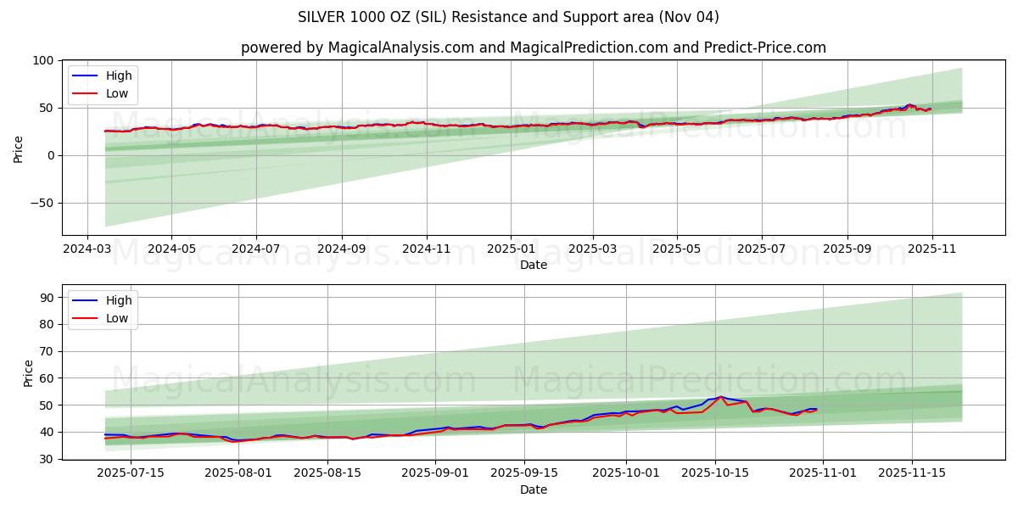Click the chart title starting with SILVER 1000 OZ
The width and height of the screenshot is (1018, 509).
point(508,17)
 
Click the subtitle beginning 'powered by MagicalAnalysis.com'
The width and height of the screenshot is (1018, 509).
point(533,48)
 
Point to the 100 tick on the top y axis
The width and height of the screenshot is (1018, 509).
point(43,61)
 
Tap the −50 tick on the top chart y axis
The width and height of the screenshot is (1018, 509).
point(40,203)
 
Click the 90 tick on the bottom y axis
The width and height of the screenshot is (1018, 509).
point(47,298)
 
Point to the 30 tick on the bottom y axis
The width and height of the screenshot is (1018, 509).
point(47,459)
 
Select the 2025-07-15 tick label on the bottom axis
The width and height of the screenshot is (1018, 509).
point(131,473)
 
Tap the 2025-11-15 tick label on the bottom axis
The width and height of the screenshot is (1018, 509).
point(911,473)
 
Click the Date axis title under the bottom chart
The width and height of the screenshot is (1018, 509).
point(533,489)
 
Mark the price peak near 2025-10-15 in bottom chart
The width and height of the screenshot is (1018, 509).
point(721,396)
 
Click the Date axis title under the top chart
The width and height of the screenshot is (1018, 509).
point(533,265)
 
